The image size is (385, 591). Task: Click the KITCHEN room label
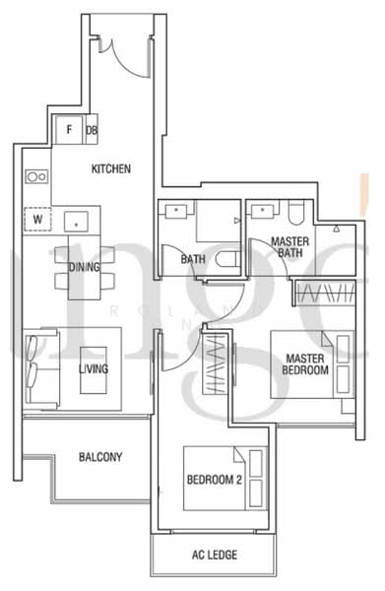coord(110,168)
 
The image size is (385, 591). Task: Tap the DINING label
coord(85,267)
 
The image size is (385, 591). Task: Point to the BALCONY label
coord(99,457)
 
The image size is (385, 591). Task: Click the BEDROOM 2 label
coord(214,481)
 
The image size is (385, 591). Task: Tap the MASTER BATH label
coord(290,247)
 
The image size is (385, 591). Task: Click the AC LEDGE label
coord(214,555)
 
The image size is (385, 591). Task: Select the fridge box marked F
coord(69,129)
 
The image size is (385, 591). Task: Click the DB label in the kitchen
coord(92,129)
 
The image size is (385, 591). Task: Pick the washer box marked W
coord(37,220)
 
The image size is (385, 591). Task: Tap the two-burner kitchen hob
coord(36,176)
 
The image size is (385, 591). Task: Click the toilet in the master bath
coord(296,212)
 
